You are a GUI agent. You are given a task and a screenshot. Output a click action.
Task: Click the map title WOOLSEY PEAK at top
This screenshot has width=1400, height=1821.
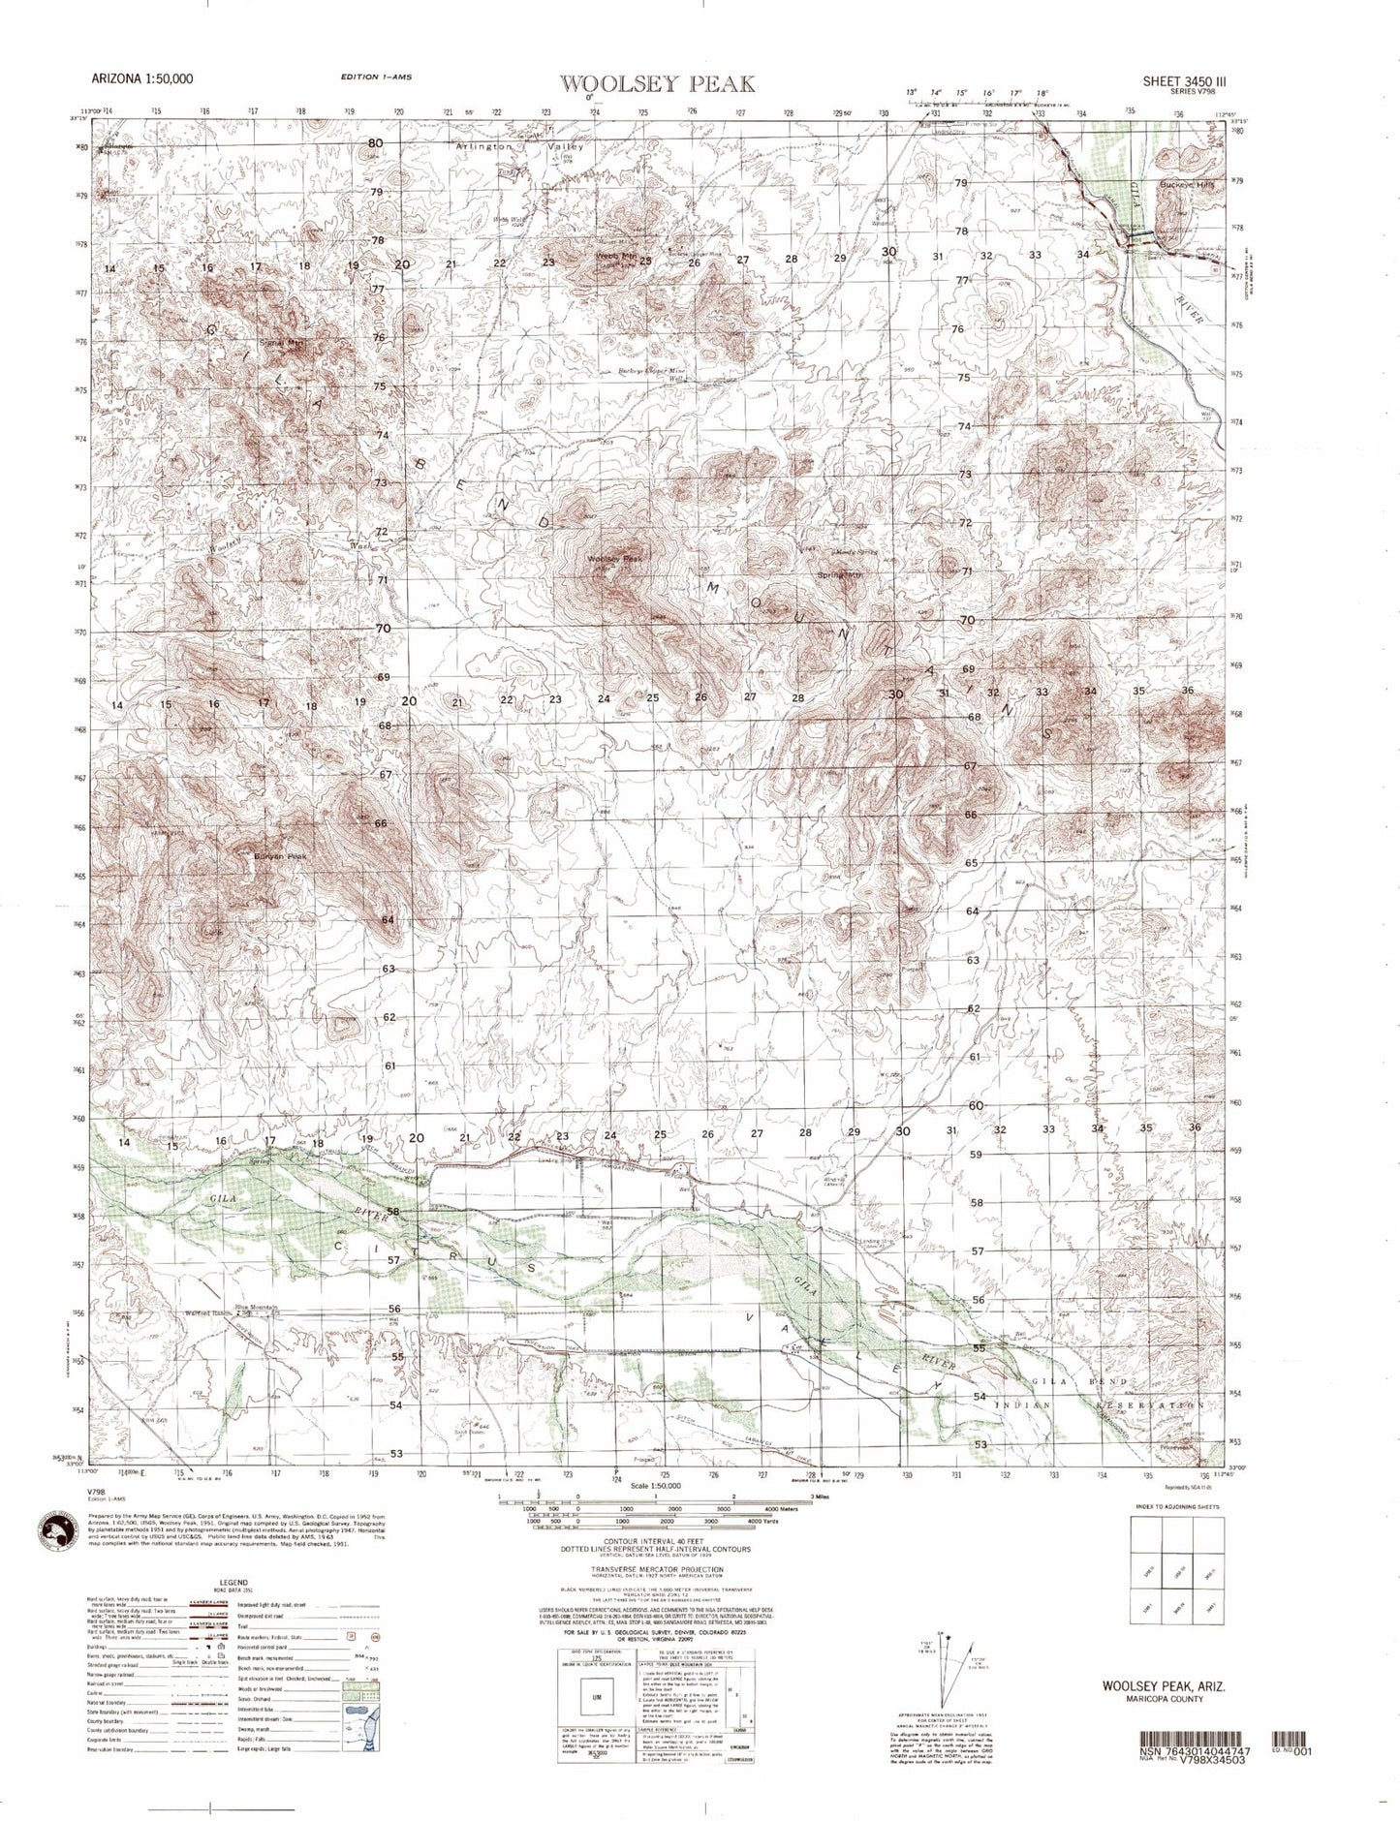[x=657, y=84]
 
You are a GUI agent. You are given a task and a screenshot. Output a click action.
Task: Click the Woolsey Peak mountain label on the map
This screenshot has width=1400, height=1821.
[x=614, y=559]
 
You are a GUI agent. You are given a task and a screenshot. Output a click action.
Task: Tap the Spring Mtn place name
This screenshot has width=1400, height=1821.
[x=839, y=575]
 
